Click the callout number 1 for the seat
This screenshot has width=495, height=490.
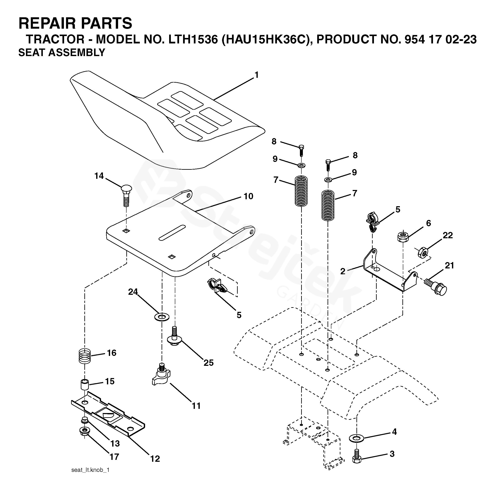point(256,75)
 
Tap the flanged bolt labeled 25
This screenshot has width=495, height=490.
point(175,337)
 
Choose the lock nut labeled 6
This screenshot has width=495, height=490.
point(403,236)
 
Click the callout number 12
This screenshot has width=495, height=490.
point(155,459)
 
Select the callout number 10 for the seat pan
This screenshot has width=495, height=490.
point(248,197)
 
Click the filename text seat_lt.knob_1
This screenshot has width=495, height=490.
point(90,470)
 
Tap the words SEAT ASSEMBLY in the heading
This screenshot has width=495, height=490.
point(62,52)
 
